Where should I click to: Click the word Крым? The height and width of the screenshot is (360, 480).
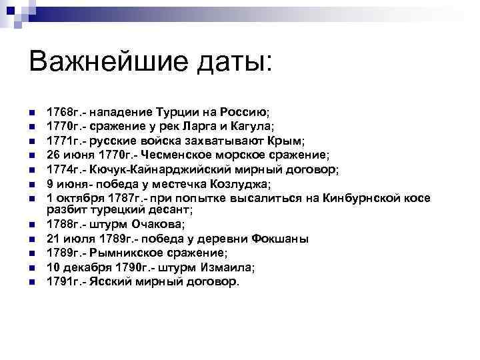coord(287,141)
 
